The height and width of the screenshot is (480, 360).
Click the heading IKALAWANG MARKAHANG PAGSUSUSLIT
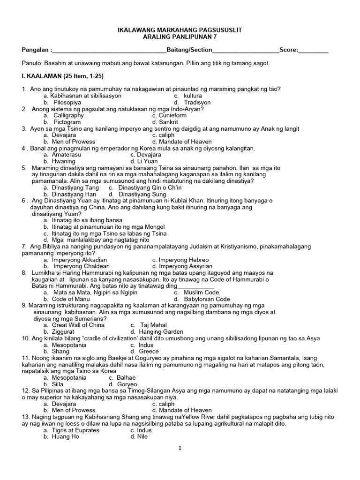pyautogui.click(x=180, y=30)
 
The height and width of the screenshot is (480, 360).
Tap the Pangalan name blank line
pyautogui.click(x=110, y=50)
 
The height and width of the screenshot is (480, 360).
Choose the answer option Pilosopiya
pyautogui.click(x=67, y=102)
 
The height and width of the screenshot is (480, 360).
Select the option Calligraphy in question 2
pyautogui.click(x=68, y=115)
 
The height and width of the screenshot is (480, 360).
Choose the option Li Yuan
pyautogui.click(x=146, y=161)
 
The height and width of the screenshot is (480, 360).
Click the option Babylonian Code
pyautogui.click(x=207, y=299)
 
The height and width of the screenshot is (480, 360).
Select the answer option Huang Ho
pyautogui.click(x=66, y=436)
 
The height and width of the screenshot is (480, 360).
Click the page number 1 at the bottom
pyautogui.click(x=180, y=448)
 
